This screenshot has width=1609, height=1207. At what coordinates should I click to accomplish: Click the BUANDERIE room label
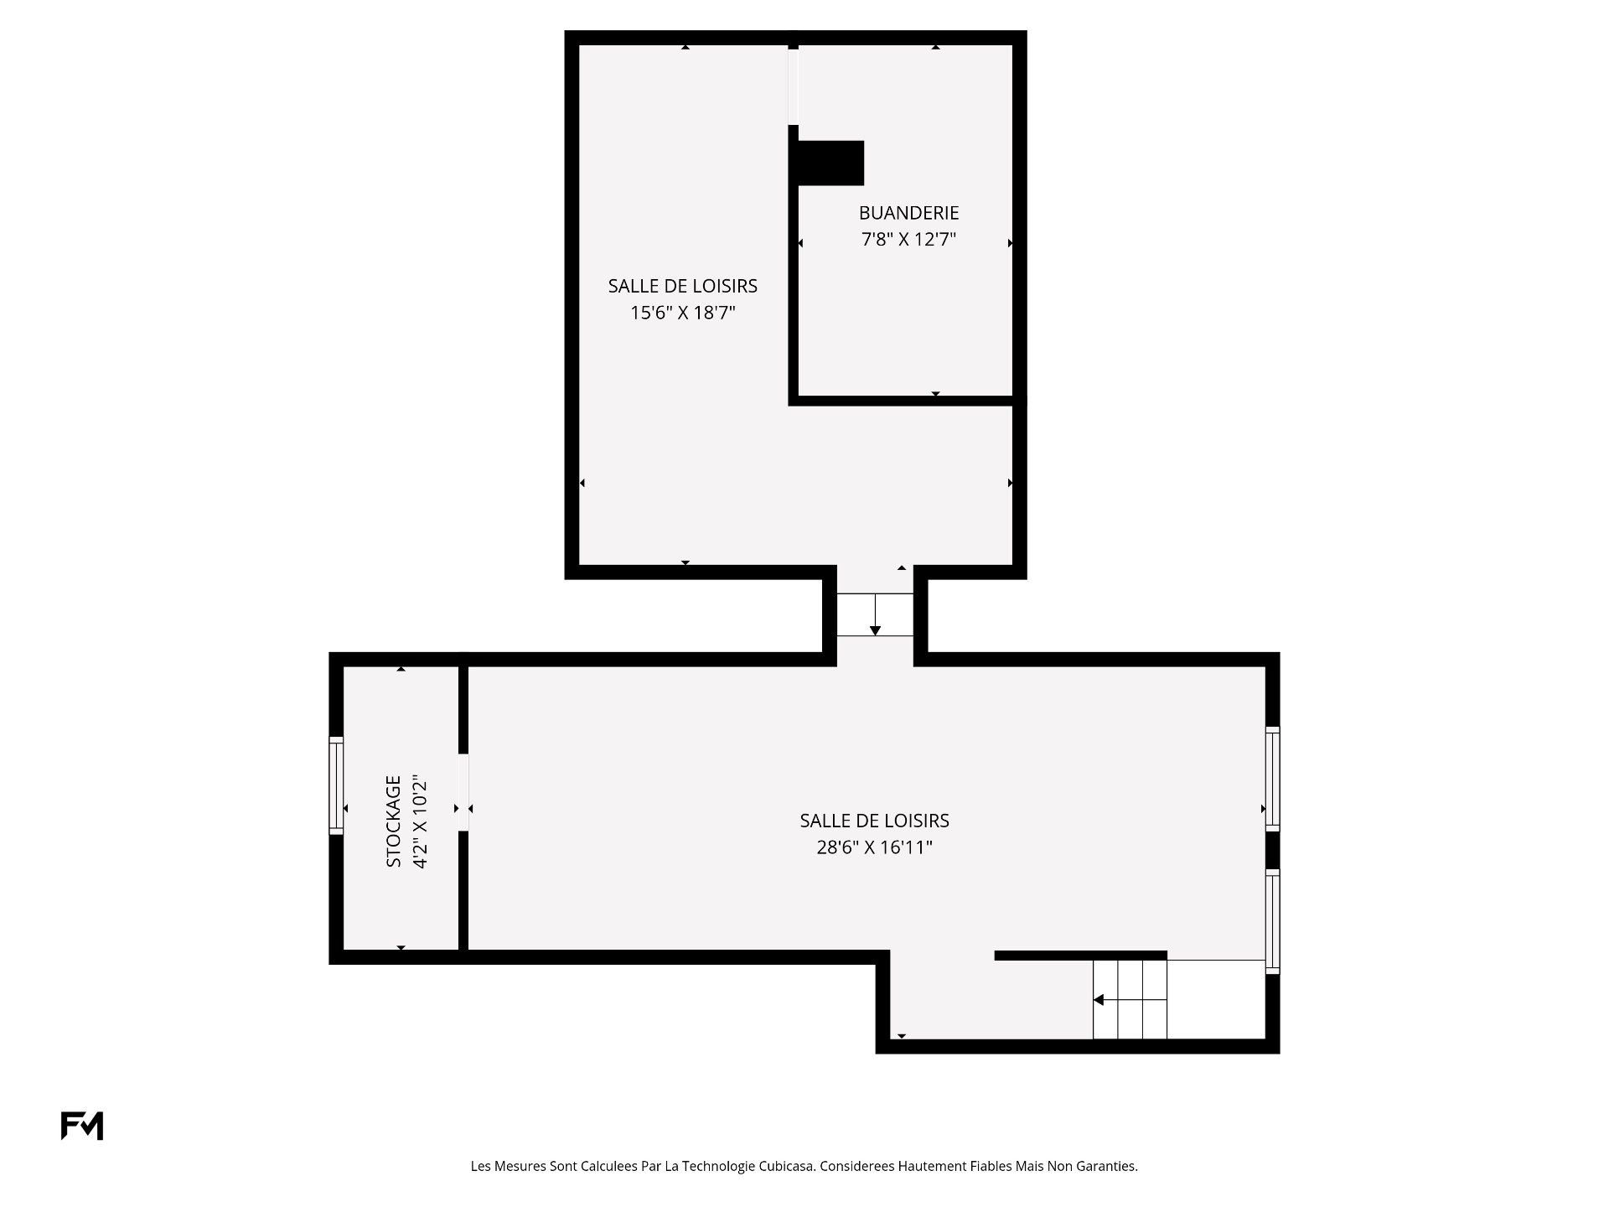point(908,213)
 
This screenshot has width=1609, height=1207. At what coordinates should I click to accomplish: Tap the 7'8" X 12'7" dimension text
point(908,240)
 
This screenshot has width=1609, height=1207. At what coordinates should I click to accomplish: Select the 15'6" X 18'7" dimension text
point(683,313)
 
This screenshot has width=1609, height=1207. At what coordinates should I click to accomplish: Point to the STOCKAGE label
point(394,821)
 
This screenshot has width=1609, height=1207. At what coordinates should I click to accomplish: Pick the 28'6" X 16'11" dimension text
point(875,847)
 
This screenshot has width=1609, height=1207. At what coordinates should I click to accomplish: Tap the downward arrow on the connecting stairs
point(875,614)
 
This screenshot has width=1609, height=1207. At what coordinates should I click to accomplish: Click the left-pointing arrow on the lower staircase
point(1130,1000)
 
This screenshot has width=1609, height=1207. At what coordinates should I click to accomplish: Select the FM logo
point(82,1126)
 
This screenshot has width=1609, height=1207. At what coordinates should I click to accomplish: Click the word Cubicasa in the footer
point(787,1166)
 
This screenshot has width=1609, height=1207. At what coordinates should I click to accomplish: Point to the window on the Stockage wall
point(336,785)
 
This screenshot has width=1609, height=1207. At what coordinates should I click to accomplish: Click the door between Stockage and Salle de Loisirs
point(463,792)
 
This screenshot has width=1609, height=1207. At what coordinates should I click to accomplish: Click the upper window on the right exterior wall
point(1272,779)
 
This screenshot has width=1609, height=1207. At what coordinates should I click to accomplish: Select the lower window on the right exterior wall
point(1272,921)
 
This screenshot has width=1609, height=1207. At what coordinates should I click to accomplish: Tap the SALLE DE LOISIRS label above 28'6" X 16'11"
point(875,821)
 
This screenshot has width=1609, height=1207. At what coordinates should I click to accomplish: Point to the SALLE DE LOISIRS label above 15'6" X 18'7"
point(683,287)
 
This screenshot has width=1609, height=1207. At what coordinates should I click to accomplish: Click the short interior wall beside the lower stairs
point(1081,956)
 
